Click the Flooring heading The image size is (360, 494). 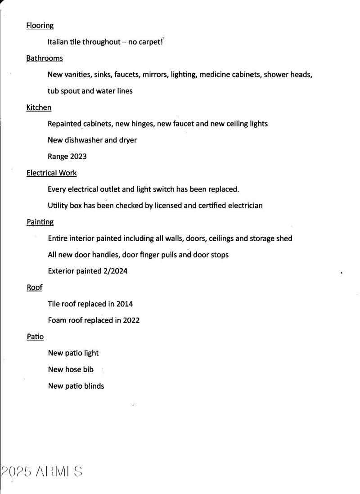tap(40, 26)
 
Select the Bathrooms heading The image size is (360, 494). tap(45, 58)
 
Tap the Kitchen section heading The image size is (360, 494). tap(39, 108)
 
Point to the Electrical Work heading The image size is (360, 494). tap(52, 173)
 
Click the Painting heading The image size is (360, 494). tap(40, 222)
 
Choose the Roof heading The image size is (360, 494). tap(35, 287)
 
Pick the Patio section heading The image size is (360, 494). tap(35, 337)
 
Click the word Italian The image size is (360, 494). tap(58, 42)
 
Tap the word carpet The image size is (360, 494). tap(148, 42)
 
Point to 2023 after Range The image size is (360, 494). tap(78, 157)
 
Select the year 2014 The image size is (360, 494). tap(125, 304)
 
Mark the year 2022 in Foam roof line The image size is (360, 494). tap(131, 320)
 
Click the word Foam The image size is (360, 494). tap(57, 320)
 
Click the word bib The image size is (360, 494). tap(88, 369)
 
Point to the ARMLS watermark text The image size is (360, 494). tap(41, 471)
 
